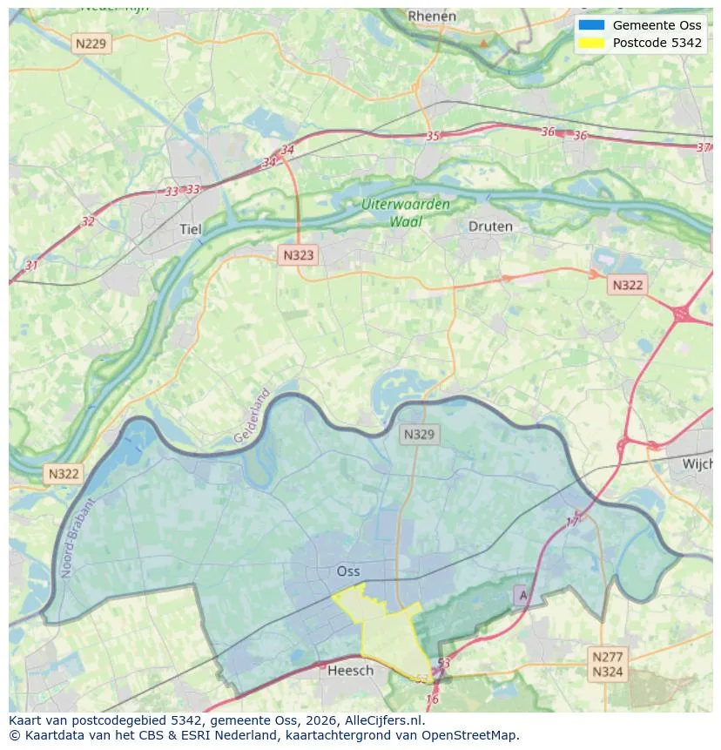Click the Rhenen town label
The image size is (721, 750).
[432, 17]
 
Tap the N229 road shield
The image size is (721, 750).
[92, 43]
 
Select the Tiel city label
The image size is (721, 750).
[190, 229]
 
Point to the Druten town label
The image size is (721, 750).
[490, 226]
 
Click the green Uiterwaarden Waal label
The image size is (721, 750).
[407, 213]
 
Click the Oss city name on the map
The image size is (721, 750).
[348, 571]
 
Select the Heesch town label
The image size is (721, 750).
[350, 670]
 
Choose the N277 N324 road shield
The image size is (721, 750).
[607, 664]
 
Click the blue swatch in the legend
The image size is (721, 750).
[591, 25]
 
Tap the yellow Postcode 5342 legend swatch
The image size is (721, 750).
[591, 43]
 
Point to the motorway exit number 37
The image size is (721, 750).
[704, 147]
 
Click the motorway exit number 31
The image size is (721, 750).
[32, 265]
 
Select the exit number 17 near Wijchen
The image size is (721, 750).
[573, 522]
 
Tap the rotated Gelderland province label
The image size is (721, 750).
[253, 416]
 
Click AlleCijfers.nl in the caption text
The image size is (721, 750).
[381, 720]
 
